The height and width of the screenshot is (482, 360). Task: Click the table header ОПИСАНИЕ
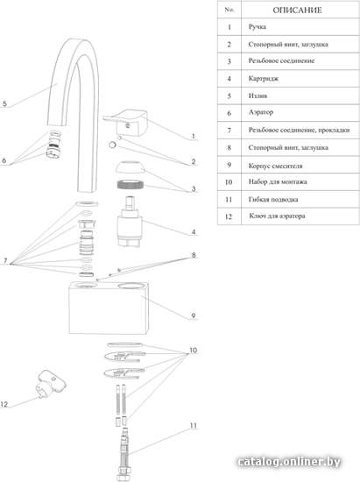pyautogui.click(x=297, y=11)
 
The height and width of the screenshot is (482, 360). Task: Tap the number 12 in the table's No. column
pyautogui.click(x=229, y=216)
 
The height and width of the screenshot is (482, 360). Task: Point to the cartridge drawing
pyautogui.click(x=130, y=222)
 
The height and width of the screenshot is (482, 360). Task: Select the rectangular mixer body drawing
pyautogui.click(x=109, y=308)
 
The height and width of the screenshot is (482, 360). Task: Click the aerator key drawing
pyautogui.click(x=51, y=384)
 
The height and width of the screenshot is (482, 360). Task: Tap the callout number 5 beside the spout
pyautogui.click(x=4, y=103)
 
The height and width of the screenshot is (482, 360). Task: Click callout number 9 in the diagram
pyautogui.click(x=194, y=315)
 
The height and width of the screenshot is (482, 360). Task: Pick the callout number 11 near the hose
pyautogui.click(x=194, y=425)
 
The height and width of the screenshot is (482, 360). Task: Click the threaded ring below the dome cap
pyautogui.click(x=131, y=185)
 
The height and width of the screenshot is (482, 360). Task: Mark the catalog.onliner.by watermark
pyautogui.click(x=289, y=462)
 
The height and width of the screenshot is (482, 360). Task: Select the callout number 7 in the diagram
pyautogui.click(x=5, y=261)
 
